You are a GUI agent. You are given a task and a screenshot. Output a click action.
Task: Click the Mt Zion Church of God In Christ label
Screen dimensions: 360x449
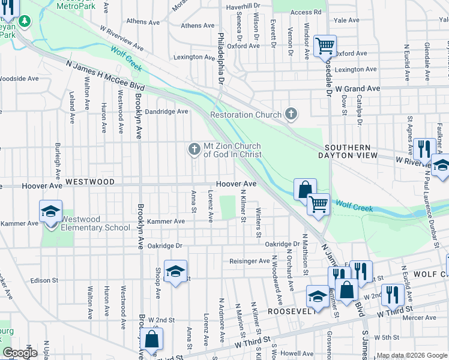coord(232,150)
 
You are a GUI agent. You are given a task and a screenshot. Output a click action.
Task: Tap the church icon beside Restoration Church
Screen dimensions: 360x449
coord(291,113)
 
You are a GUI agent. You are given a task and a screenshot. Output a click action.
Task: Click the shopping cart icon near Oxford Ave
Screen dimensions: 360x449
coord(325,45)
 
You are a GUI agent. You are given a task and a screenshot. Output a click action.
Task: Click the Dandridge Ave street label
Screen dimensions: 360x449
coord(166,111)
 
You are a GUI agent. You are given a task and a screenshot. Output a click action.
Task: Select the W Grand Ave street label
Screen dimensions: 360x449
coord(358,88)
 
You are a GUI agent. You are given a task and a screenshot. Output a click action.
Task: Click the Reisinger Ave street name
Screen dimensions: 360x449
coord(250,261)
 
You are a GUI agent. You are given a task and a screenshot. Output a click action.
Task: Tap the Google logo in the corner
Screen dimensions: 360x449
coord(19,353)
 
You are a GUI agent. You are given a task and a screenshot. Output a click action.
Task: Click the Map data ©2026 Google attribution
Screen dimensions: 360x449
coord(411,355)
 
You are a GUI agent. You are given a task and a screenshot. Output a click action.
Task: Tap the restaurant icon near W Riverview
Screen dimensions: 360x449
coord(424,148)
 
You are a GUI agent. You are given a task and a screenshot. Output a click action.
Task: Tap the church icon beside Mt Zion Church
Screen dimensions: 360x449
coord(194,149)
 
